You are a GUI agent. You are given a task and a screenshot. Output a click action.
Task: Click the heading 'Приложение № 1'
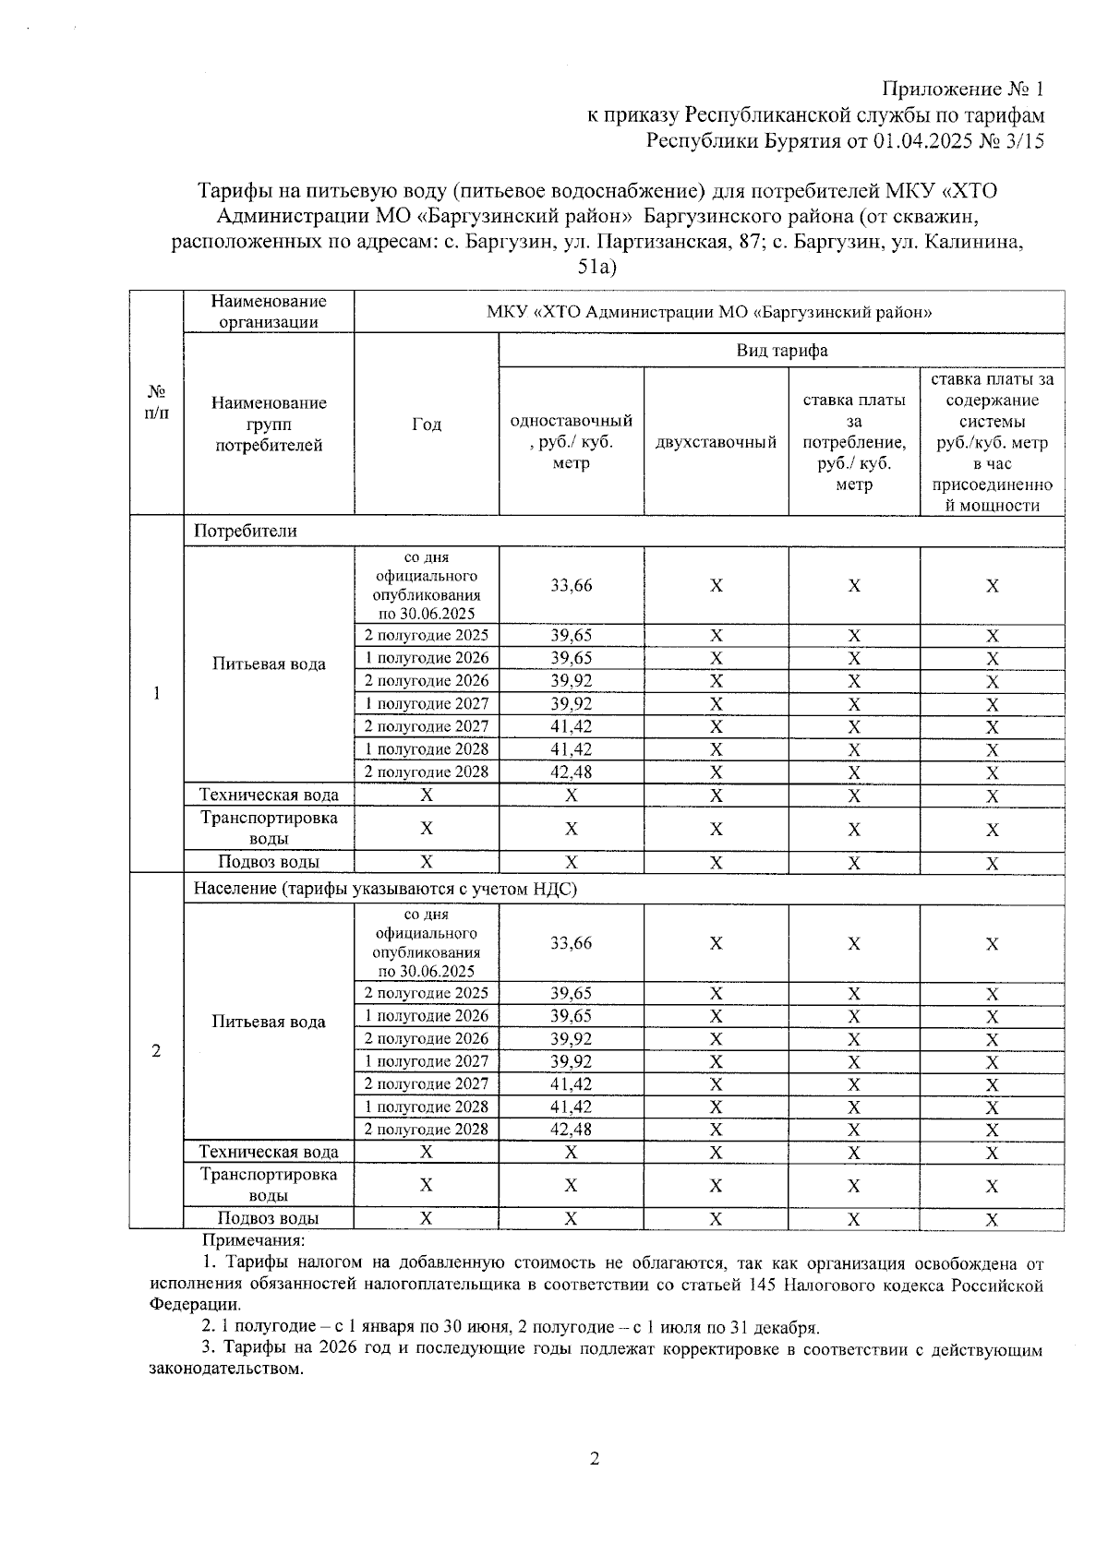point(963,90)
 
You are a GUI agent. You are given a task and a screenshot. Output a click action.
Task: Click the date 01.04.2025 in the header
point(930,141)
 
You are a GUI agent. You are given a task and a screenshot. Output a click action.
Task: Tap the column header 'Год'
point(426,424)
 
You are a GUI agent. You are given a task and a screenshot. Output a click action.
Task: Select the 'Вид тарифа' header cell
point(781,351)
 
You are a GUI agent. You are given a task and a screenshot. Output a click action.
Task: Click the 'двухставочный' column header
point(716,442)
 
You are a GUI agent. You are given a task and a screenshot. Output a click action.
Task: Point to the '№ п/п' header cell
point(156,402)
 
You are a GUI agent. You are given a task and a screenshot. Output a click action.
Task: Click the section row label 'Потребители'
point(246,531)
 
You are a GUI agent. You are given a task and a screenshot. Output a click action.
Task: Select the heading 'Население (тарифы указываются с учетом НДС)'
point(385,889)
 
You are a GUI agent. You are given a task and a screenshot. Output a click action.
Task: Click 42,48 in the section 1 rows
point(571,772)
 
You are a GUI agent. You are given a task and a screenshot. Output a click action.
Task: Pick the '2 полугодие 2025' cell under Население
point(426,993)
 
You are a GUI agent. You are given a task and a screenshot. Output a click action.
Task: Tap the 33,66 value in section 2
point(571,943)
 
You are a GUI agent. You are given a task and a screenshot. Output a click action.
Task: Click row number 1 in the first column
point(156,693)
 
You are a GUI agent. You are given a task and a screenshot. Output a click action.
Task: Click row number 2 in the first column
point(156,1050)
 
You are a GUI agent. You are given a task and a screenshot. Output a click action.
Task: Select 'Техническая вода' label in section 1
point(269,795)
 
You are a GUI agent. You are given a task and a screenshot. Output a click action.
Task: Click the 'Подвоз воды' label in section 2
point(269,1218)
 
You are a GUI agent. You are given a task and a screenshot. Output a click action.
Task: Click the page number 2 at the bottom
point(595,1459)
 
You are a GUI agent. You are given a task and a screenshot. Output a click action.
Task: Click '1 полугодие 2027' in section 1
point(426,703)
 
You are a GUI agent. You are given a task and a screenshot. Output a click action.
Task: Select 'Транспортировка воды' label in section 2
point(269,1185)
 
